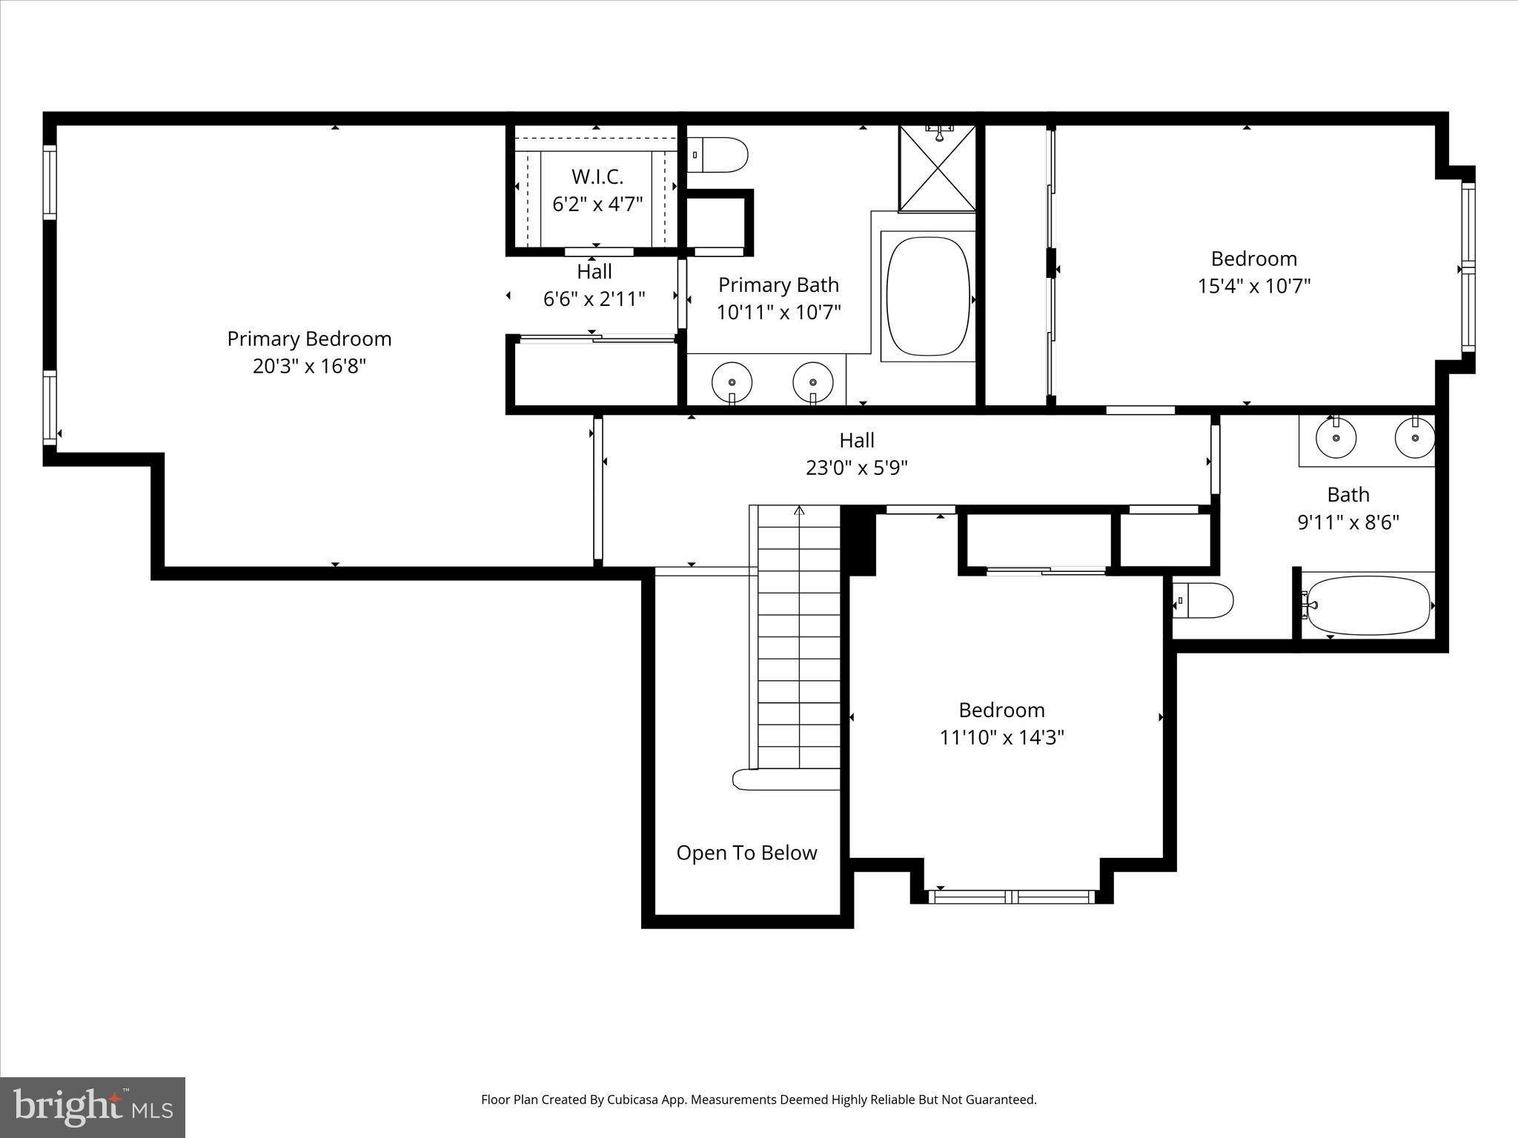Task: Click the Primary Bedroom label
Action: click(309, 339)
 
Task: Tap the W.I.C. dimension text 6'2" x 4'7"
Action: click(597, 204)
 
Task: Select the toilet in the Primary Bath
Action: click(718, 155)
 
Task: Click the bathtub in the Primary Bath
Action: click(928, 296)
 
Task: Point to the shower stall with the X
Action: click(938, 169)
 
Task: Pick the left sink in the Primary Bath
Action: click(732, 382)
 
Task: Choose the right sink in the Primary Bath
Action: click(813, 382)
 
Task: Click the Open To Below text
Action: click(746, 853)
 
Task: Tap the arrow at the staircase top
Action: click(799, 510)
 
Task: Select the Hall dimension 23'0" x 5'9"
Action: click(856, 467)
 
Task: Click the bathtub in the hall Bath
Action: click(1368, 605)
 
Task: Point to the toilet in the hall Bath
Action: click(1204, 601)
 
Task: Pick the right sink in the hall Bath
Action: click(1414, 437)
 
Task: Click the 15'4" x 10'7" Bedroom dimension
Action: click(1253, 286)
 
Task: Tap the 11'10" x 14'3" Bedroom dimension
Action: click(1001, 737)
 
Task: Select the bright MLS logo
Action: click(93, 1107)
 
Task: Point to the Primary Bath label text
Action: click(778, 284)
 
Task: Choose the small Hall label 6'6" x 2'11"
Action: click(594, 299)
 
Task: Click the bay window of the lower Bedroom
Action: click(1012, 896)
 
